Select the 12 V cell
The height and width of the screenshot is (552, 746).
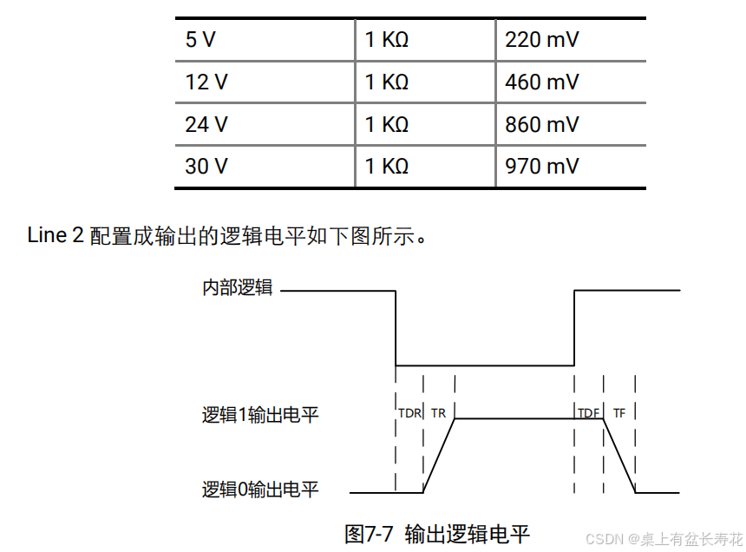(206, 82)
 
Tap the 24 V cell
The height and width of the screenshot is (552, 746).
(206, 124)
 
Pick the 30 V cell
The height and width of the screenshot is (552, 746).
(206, 166)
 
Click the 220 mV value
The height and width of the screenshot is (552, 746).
(541, 40)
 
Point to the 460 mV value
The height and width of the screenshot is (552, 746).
(541, 82)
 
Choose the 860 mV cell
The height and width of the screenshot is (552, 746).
(541, 124)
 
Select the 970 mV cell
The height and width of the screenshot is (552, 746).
(541, 166)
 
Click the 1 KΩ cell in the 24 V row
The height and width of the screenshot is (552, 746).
(387, 124)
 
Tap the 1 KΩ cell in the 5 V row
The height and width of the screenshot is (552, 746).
(387, 40)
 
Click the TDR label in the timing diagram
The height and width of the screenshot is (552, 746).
(409, 413)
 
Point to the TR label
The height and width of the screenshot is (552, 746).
(438, 413)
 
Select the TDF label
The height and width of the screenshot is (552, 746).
(588, 413)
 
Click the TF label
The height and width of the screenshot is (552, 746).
(618, 413)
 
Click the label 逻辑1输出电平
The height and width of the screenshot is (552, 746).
(260, 415)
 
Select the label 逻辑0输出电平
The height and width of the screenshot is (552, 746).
(260, 490)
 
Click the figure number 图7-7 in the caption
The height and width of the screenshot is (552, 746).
(369, 533)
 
